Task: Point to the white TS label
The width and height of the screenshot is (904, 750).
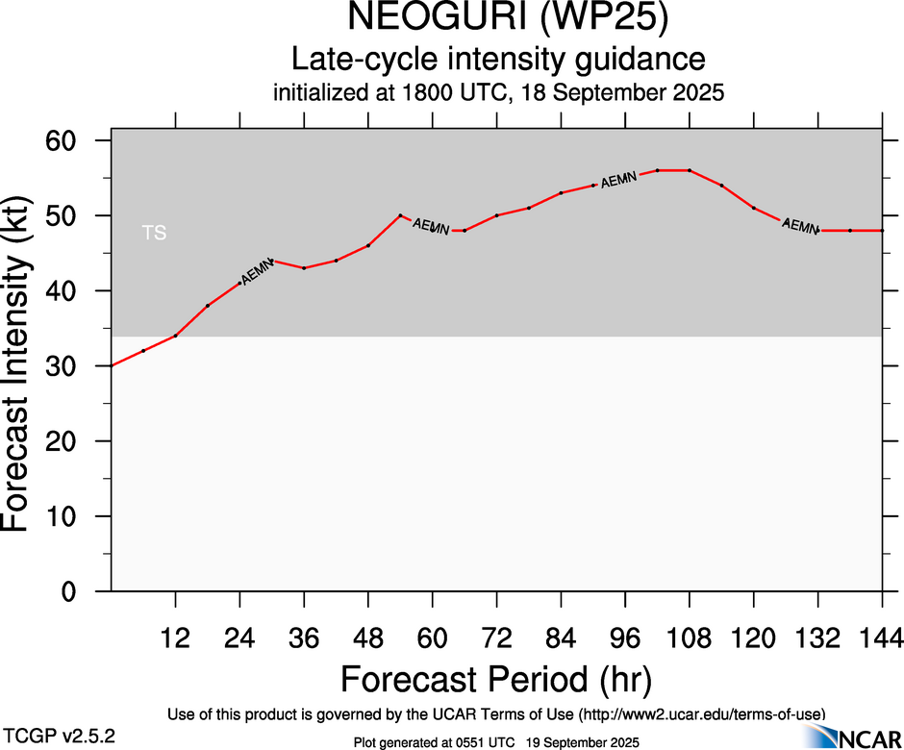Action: pyautogui.click(x=154, y=233)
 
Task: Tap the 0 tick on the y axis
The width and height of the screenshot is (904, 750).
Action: pyautogui.click(x=84, y=591)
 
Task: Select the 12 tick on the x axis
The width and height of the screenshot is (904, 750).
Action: pyautogui.click(x=175, y=637)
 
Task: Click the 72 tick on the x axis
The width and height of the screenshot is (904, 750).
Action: pyautogui.click(x=496, y=637)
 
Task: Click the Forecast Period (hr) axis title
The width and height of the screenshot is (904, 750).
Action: pyautogui.click(x=496, y=679)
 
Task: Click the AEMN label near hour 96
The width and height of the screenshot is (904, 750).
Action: pyautogui.click(x=618, y=179)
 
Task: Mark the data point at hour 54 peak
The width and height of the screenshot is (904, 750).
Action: pyautogui.click(x=400, y=215)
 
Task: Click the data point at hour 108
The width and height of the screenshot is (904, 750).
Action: pyautogui.click(x=690, y=170)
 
